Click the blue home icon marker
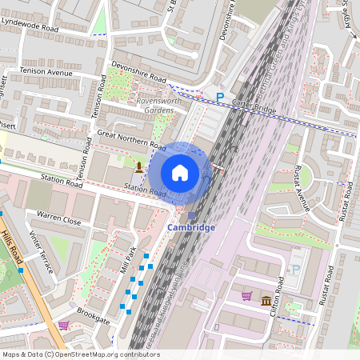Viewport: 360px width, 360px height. [x=180, y=172]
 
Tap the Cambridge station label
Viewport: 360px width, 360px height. [x=191, y=227]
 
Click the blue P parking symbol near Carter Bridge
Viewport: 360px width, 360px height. [x=220, y=97]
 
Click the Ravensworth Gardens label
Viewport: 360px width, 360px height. [x=161, y=106]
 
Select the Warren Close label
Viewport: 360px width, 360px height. [x=59, y=218]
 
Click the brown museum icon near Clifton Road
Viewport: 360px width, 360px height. [x=265, y=299]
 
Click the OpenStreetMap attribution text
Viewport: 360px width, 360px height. [x=81, y=354]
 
